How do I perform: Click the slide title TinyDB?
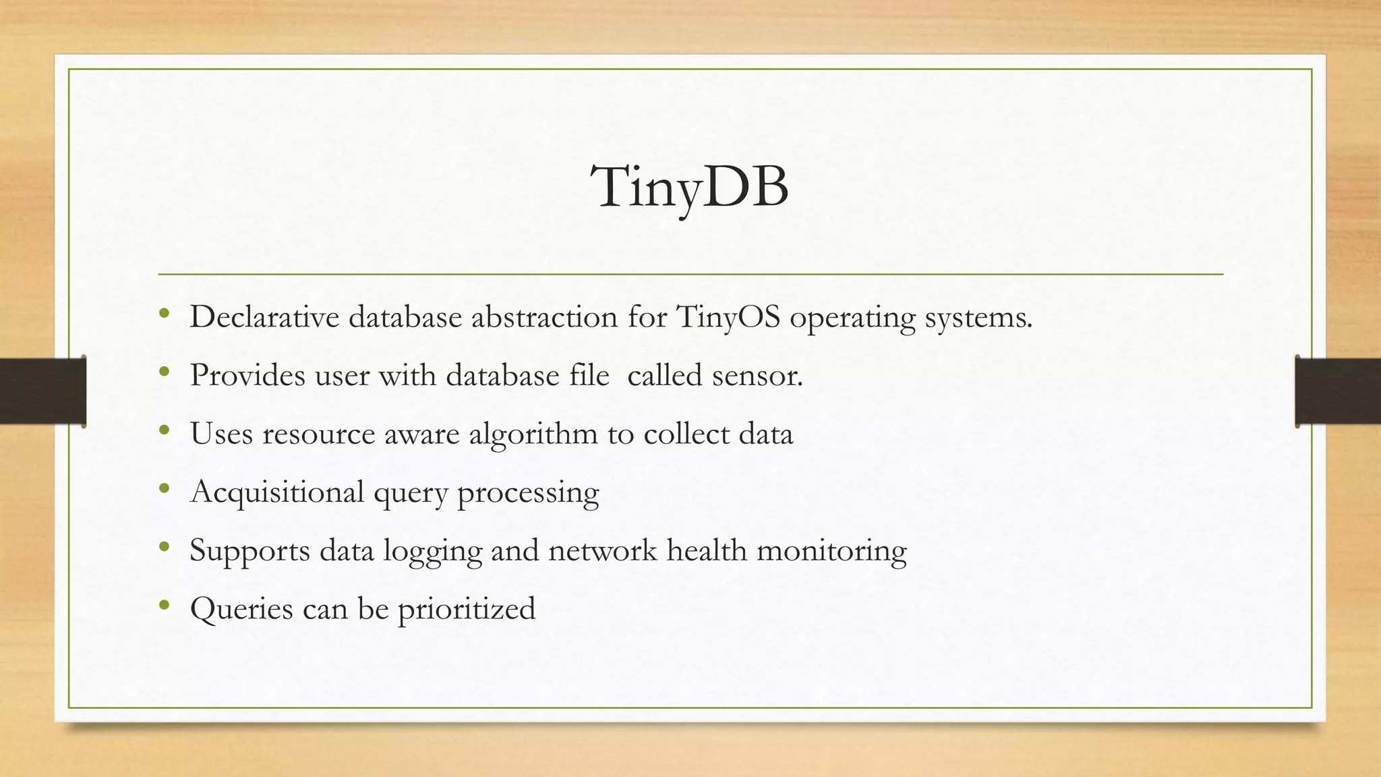689,188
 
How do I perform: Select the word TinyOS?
728,317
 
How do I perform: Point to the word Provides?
247,375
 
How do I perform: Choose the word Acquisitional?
277,492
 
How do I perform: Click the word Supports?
249,550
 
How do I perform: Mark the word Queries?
241,609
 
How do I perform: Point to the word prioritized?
467,609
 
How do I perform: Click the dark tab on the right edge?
1338,391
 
